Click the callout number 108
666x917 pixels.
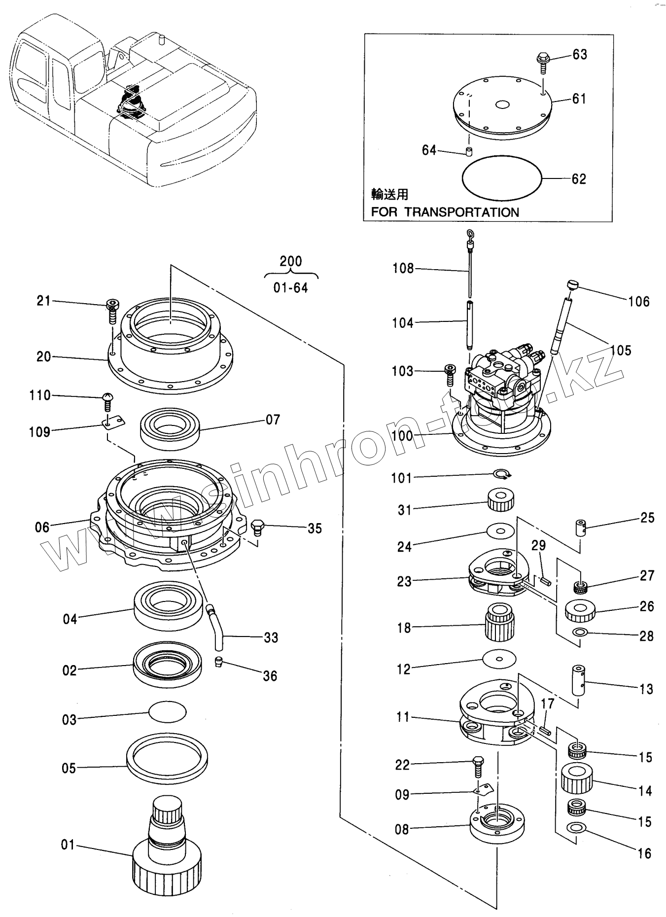[403, 269]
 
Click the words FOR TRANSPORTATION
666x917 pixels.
[445, 212]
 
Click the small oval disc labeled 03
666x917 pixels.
[168, 712]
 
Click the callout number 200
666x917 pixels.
[291, 261]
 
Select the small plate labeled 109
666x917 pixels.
[114, 423]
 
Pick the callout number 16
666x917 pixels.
[644, 853]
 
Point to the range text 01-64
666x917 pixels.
[291, 288]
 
